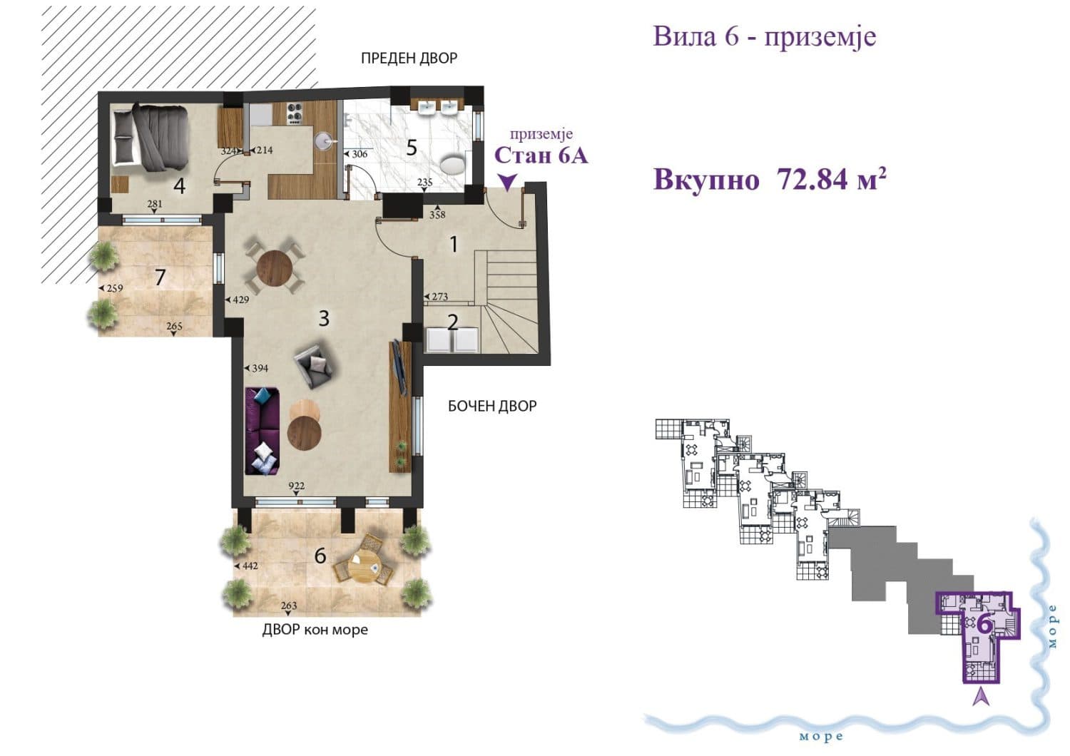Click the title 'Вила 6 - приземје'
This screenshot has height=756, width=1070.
[764, 36]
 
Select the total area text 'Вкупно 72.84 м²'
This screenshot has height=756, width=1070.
[770, 180]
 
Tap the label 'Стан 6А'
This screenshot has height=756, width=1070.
[541, 155]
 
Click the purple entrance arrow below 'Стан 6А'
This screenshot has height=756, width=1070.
[506, 183]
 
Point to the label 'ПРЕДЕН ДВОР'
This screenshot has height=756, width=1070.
[409, 58]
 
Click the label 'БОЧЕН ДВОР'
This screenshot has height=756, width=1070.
[492, 407]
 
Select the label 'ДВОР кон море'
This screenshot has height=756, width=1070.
[315, 630]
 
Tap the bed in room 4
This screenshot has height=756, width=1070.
[152, 137]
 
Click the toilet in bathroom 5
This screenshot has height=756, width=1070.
[452, 165]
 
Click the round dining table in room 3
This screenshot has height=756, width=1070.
[275, 268]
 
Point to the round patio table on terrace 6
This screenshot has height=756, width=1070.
[364, 566]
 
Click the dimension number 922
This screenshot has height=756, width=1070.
[297, 486]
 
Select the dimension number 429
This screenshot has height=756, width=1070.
[240, 300]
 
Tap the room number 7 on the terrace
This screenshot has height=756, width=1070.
[160, 277]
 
